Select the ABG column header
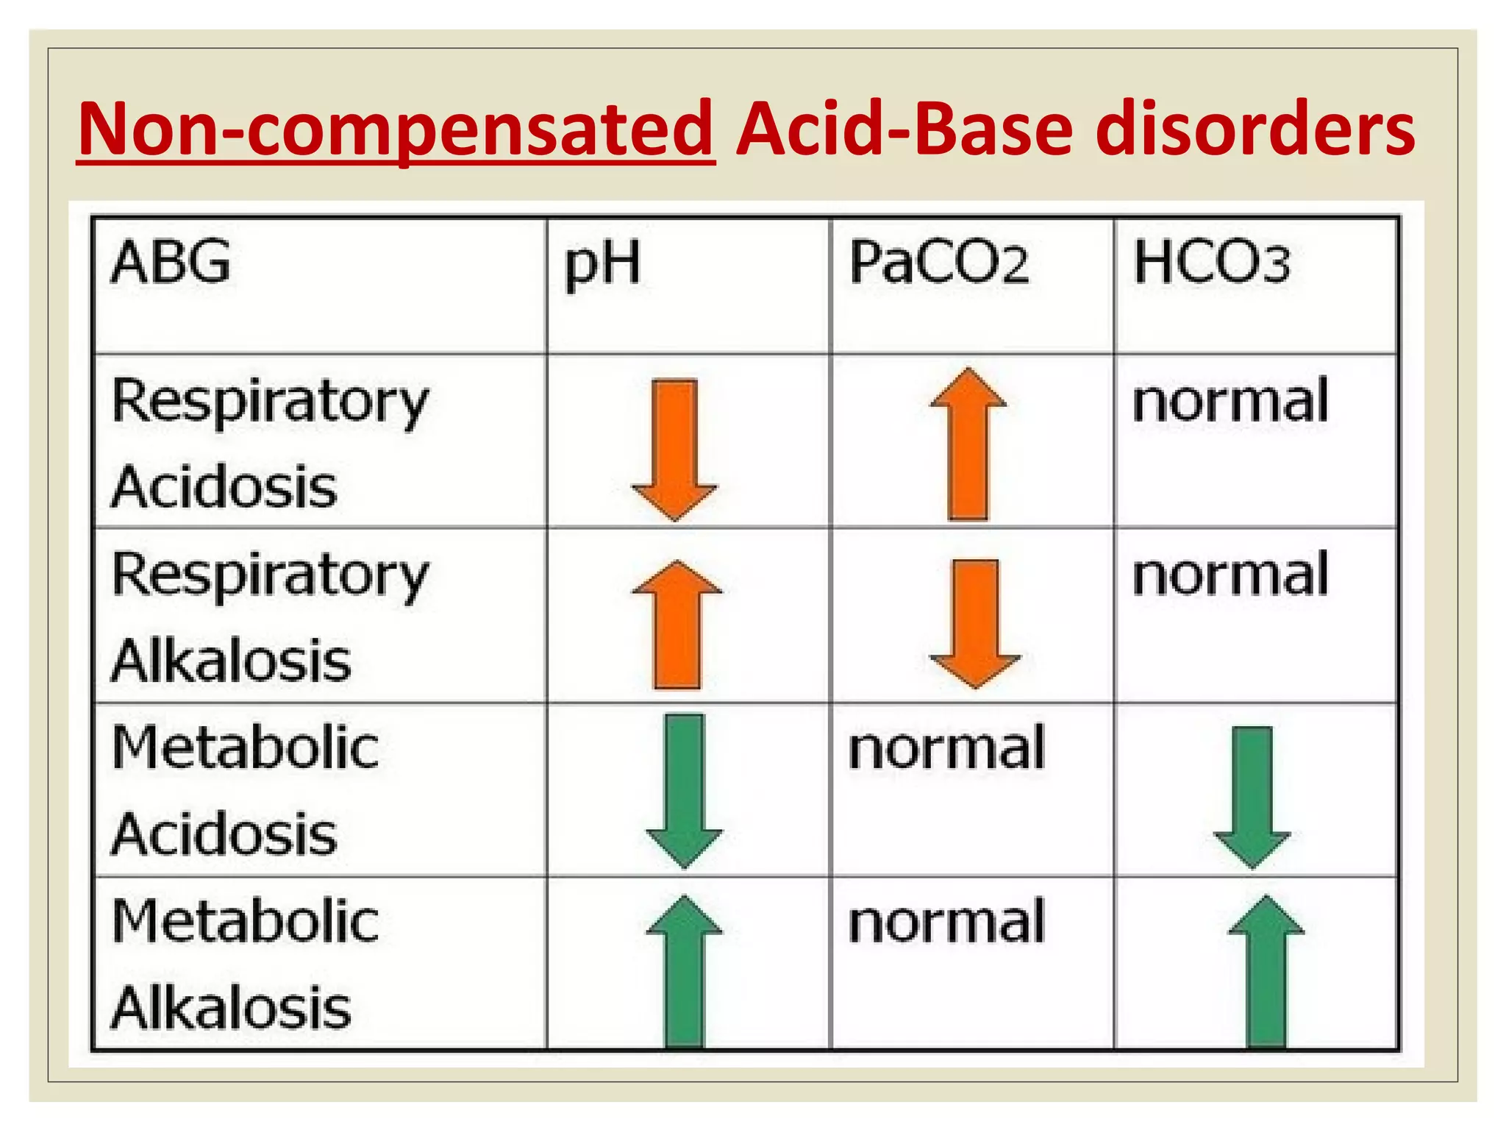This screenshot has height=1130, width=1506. (x=170, y=262)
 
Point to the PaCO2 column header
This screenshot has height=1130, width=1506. (x=938, y=263)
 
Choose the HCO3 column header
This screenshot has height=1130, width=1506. (x=1211, y=263)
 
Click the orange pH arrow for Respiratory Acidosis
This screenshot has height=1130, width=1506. (x=674, y=449)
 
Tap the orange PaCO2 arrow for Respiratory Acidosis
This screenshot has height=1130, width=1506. (x=968, y=444)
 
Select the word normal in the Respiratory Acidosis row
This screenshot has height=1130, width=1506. (x=1230, y=402)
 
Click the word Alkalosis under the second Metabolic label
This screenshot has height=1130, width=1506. (x=231, y=1008)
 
